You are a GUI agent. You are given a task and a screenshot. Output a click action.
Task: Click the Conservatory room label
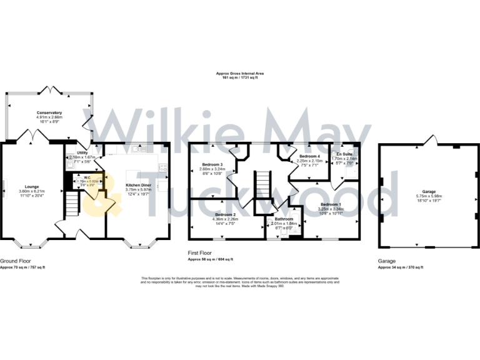click(49, 112)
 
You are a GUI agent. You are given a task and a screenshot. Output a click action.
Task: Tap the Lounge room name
click(32, 186)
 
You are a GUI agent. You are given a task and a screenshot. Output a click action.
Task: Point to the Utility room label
click(82, 152)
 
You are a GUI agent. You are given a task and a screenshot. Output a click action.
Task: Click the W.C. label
click(79, 177)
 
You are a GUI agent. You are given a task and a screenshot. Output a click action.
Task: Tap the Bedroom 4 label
click(309, 156)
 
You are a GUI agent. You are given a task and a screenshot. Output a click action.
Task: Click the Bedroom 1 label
click(331, 204)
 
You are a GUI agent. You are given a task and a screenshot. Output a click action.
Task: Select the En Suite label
click(344, 154)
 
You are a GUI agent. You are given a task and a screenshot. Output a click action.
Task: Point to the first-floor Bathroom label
click(284, 219)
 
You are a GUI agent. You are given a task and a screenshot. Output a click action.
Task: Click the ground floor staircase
click(74, 204)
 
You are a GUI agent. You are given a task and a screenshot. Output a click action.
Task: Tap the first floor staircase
click(262, 185)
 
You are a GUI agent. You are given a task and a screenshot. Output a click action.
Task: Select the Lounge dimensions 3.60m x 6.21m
click(32, 191)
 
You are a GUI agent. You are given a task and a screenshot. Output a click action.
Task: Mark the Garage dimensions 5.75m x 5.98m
click(428, 196)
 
